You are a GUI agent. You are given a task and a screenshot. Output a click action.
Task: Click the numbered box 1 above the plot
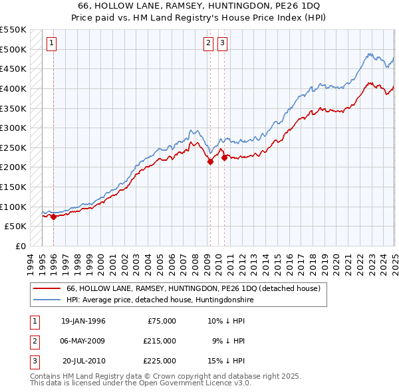(52, 44)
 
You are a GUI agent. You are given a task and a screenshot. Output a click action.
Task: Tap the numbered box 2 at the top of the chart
(208, 44)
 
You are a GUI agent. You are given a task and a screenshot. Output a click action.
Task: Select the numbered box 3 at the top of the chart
(222, 44)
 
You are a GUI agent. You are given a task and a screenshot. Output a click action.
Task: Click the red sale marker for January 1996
(53, 217)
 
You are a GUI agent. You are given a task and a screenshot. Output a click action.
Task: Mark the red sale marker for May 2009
(210, 161)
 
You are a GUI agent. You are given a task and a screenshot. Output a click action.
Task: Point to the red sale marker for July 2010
(225, 157)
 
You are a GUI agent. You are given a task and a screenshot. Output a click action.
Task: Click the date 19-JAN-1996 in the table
(83, 321)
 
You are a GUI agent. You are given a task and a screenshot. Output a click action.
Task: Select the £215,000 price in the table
(160, 341)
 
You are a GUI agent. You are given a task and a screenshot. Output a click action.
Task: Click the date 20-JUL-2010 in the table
(84, 361)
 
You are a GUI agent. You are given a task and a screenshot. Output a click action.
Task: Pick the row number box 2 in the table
(35, 341)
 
